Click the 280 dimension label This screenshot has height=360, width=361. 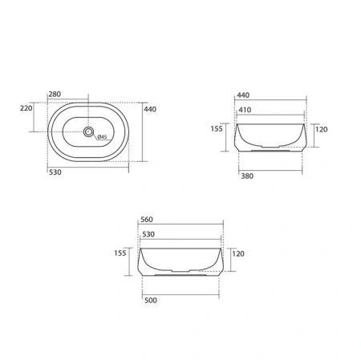point(55,94)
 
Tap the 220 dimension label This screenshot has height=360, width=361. point(26,108)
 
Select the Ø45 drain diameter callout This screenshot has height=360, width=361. point(102,137)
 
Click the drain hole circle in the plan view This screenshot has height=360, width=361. point(88,131)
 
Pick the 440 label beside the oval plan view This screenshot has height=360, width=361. point(150,109)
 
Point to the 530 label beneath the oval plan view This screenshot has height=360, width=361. point(55,172)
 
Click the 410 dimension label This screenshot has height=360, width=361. point(245,110)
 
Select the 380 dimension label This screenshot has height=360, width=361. point(247,176)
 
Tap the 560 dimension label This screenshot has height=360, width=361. point(147,220)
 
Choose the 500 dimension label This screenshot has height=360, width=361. point(151,300)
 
